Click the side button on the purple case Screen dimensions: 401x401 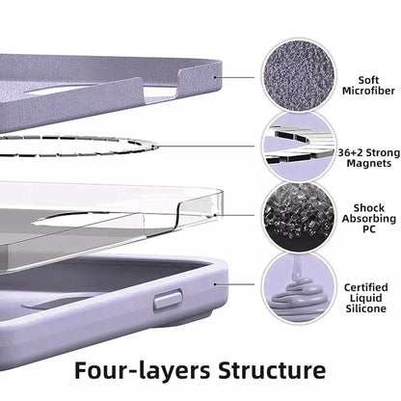click(168, 299)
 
